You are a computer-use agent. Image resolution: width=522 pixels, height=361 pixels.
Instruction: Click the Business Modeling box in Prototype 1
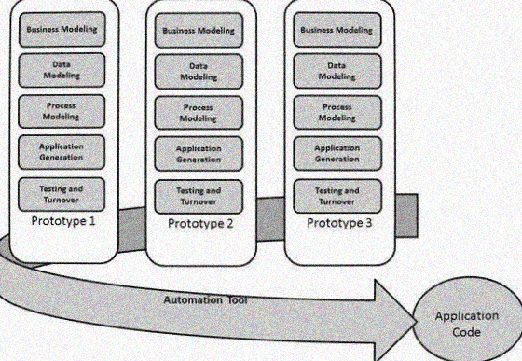[x=63, y=29]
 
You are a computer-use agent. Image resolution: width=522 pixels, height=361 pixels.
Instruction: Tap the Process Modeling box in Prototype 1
[x=63, y=111]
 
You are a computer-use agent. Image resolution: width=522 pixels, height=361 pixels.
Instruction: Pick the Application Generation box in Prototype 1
[x=63, y=152]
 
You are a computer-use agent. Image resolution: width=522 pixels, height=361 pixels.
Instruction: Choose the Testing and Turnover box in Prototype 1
[x=63, y=193]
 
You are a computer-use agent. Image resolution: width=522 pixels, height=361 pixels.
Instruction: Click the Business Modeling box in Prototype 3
[x=337, y=29]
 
